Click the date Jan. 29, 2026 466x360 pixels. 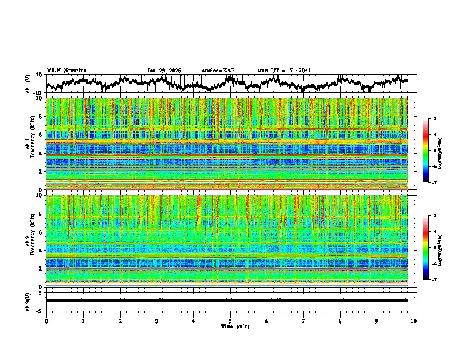(164, 71)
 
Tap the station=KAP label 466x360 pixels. (218, 71)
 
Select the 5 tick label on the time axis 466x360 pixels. (230, 321)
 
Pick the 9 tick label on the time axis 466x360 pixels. (377, 321)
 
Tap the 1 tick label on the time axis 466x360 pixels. (83, 321)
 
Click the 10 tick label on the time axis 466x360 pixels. (414, 321)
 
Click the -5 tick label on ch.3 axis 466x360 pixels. (39, 309)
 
